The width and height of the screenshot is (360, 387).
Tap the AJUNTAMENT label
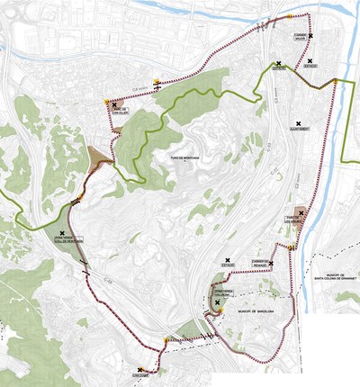pos(300,129)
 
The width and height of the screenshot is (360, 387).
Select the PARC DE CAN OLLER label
pos(121,112)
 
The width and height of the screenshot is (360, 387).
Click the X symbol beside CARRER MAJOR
pos(310,36)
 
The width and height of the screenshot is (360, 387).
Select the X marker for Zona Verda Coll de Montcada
pos(61,233)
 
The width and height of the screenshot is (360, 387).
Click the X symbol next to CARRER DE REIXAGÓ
pos(270,264)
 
